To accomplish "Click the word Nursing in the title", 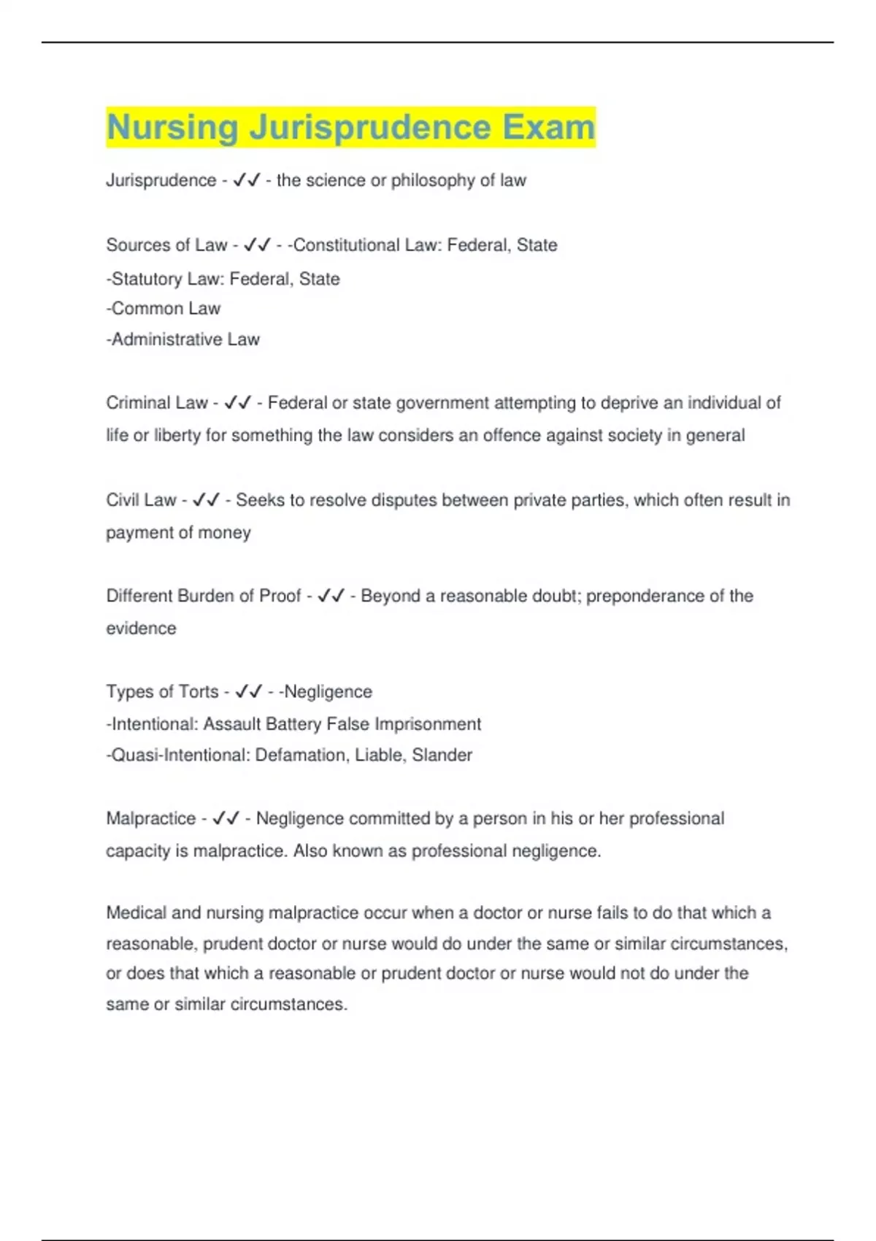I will (172, 128).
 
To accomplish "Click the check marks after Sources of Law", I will (257, 245).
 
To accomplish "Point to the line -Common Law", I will (163, 309).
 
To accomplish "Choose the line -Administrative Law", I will (182, 339).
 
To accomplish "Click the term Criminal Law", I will (157, 403).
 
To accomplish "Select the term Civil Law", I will (141, 500).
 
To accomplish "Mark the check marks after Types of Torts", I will (249, 691).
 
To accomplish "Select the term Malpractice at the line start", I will (151, 818).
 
